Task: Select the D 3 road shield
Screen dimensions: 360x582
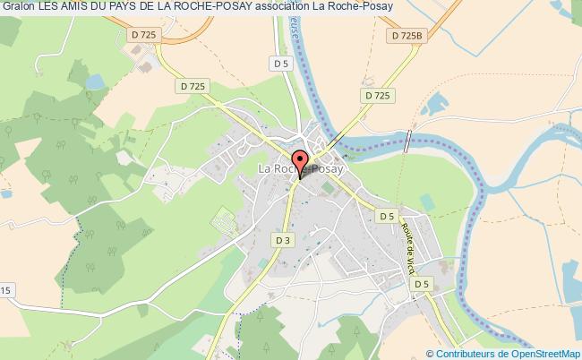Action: pos(283,240)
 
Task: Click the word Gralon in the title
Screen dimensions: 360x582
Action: pos(18,8)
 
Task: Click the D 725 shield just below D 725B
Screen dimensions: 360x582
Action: pos(378,95)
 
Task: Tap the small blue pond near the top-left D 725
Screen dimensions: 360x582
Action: pos(93,81)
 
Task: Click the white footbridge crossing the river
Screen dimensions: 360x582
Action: pos(408,141)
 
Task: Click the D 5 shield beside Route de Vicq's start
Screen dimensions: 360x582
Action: pos(386,216)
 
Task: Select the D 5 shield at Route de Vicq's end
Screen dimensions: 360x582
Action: pos(421,283)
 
